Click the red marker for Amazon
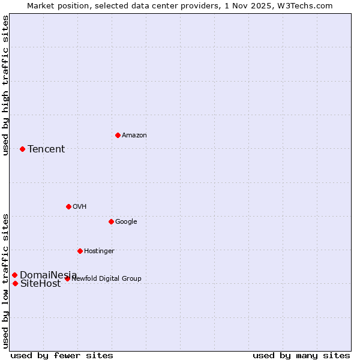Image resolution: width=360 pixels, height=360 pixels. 118,135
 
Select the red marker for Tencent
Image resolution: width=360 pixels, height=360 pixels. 22,149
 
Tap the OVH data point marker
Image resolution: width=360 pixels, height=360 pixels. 68,206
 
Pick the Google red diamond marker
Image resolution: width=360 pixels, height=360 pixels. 111,221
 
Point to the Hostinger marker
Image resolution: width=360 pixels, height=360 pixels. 80,251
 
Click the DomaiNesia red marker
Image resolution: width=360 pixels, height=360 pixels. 14,275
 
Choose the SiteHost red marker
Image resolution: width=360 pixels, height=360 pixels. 15,283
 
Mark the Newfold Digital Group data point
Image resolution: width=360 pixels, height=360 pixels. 67,278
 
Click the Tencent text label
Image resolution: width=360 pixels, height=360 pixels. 46,149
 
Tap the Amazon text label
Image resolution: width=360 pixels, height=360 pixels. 134,136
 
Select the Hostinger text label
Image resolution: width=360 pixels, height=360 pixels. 99,251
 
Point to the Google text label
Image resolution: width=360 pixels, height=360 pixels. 126,222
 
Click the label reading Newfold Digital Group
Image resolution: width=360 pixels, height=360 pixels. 106,278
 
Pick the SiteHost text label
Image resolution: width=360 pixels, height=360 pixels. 41,284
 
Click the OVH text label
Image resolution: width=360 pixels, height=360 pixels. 80,207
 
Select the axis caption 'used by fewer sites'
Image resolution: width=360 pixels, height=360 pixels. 62,355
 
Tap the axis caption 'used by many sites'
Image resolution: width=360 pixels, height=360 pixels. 301,355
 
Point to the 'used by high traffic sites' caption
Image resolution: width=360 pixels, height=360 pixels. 5,85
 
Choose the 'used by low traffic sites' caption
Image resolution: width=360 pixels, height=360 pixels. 5,280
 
